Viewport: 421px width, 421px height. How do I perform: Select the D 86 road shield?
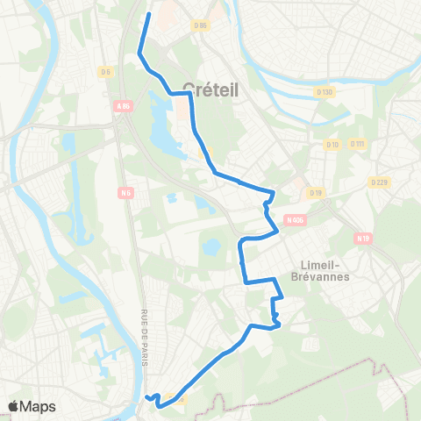(201, 25)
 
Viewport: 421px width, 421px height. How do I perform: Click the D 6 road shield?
(106, 72)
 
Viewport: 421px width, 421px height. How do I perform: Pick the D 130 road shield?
(325, 91)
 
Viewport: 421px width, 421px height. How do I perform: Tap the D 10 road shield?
(332, 144)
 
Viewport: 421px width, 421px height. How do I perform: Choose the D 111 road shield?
(357, 144)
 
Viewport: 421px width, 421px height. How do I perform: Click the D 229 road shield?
(378, 182)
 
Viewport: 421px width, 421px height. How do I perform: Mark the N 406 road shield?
(294, 221)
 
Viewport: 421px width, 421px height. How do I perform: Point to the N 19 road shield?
(363, 238)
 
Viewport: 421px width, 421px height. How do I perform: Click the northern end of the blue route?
(148, 14)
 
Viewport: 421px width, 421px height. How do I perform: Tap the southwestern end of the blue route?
(146, 397)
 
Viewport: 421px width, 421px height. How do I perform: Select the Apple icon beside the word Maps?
(14, 405)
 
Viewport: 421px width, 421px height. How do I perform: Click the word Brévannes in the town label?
(325, 276)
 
